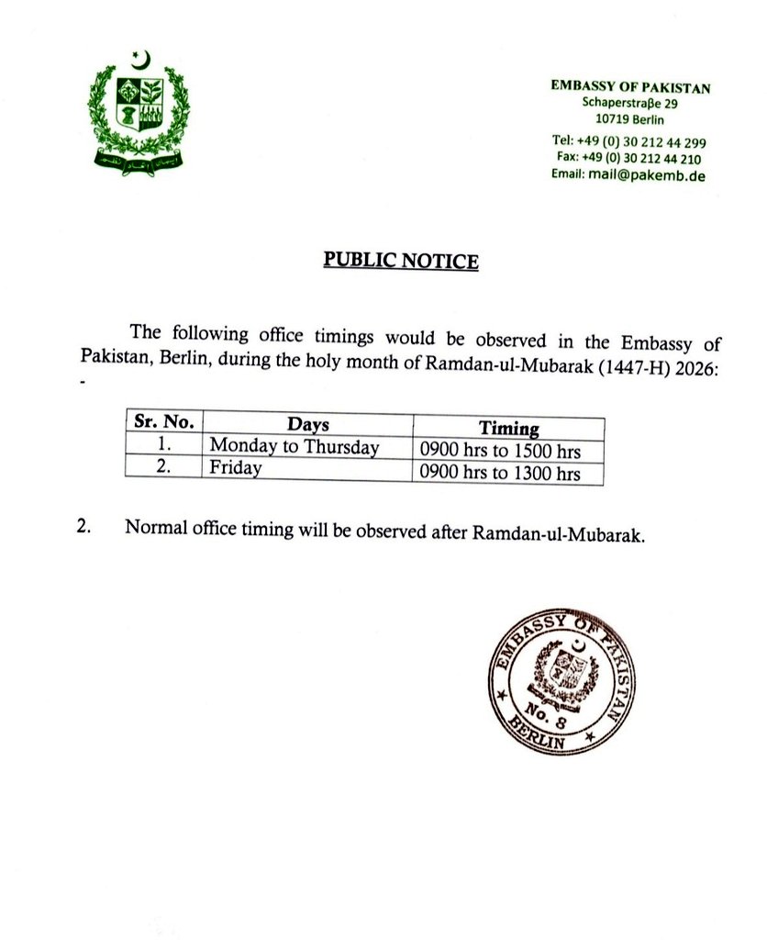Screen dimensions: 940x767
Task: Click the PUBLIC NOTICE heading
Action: click(x=401, y=261)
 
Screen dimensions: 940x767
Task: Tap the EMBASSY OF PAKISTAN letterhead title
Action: click(x=630, y=87)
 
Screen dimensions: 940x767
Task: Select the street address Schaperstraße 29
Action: click(x=629, y=103)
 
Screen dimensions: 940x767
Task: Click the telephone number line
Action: click(x=628, y=142)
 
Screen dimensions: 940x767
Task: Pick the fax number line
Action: click(x=630, y=158)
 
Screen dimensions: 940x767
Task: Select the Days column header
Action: click(x=307, y=426)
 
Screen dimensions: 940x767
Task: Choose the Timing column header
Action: click(x=508, y=428)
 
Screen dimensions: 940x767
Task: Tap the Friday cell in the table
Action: click(x=236, y=468)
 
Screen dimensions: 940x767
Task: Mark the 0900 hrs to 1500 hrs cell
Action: click(x=499, y=452)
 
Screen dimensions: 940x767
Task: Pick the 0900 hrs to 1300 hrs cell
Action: click(x=499, y=474)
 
